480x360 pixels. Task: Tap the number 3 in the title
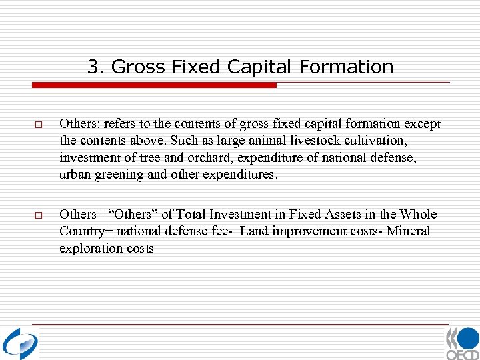[x=93, y=67]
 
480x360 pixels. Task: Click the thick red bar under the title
[x=154, y=85]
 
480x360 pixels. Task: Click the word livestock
[x=311, y=141]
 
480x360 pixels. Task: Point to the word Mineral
[x=409, y=231]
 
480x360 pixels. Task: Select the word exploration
[x=87, y=248]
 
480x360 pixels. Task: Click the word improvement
[x=299, y=231]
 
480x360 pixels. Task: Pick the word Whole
[x=419, y=214]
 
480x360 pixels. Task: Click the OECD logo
[x=462, y=343]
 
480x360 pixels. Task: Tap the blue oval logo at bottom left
[x=20, y=343]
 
